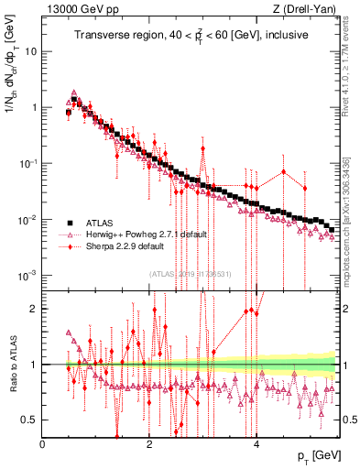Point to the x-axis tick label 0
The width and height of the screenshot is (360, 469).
click(43, 443)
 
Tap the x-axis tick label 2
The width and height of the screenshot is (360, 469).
click(149, 443)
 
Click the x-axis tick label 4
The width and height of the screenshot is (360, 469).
click(256, 443)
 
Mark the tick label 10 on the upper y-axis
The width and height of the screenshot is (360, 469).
click(30, 51)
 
